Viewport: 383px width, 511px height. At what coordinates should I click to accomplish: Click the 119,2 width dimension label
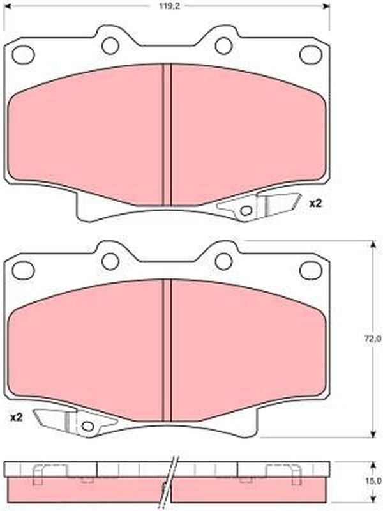[x=169, y=6]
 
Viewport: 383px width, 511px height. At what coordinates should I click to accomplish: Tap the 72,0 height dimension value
[x=376, y=339]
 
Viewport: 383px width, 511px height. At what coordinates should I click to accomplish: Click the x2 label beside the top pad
[x=315, y=204]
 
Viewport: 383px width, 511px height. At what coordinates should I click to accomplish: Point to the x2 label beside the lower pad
[x=17, y=418]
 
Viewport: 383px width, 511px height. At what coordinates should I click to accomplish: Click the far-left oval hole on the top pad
[x=23, y=54]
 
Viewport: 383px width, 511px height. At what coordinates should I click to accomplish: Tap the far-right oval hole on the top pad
[x=311, y=54]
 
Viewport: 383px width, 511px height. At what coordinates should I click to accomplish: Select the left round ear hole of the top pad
[x=110, y=45]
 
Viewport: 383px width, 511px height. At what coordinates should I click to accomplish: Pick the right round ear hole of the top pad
[x=224, y=45]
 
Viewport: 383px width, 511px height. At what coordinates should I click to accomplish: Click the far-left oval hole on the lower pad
[x=23, y=270]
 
